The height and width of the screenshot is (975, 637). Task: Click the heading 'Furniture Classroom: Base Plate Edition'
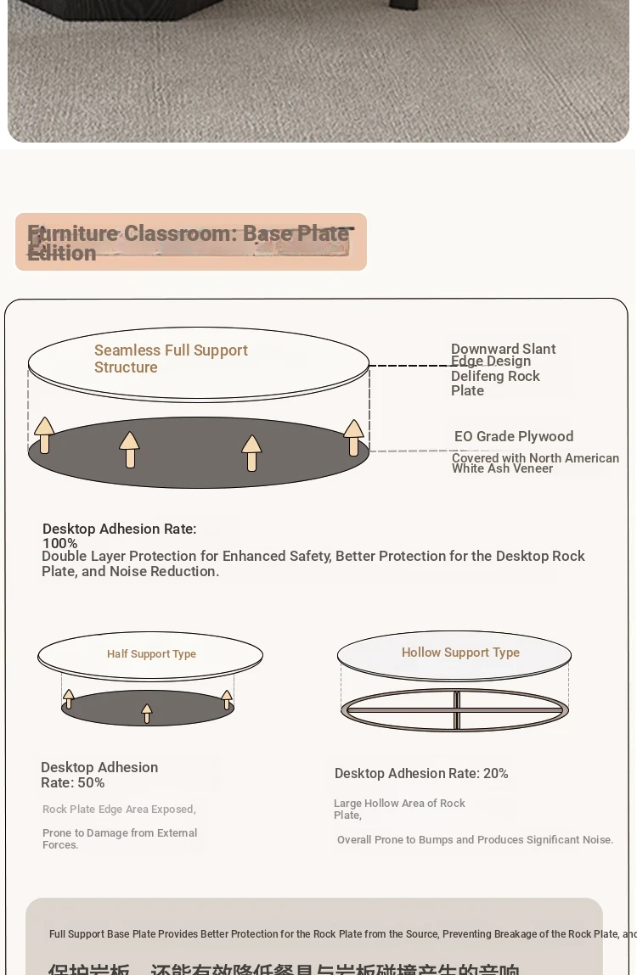189,243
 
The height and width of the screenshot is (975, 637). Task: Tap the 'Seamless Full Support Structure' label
171,359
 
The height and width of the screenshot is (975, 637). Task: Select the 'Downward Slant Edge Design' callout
503,355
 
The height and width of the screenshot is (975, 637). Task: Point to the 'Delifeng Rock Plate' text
495,384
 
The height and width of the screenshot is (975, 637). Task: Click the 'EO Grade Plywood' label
514,436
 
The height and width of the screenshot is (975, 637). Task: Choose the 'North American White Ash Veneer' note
535,463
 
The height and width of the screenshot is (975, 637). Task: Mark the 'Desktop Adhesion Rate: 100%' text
119,535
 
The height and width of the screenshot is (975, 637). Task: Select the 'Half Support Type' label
151,654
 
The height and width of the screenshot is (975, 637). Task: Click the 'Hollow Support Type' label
460,653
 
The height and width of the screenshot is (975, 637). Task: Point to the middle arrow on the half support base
147,713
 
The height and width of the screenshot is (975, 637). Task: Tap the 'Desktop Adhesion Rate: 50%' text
99,775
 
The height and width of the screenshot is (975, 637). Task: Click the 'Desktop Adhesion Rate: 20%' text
421,774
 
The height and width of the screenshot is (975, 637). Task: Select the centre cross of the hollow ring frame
456,710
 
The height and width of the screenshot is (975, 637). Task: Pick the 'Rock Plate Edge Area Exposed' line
119,810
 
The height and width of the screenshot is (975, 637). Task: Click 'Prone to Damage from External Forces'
120,838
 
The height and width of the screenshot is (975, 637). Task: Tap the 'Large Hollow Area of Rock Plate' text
399,809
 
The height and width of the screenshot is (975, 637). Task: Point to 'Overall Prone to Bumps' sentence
475,840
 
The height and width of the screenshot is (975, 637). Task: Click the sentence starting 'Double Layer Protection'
313,563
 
